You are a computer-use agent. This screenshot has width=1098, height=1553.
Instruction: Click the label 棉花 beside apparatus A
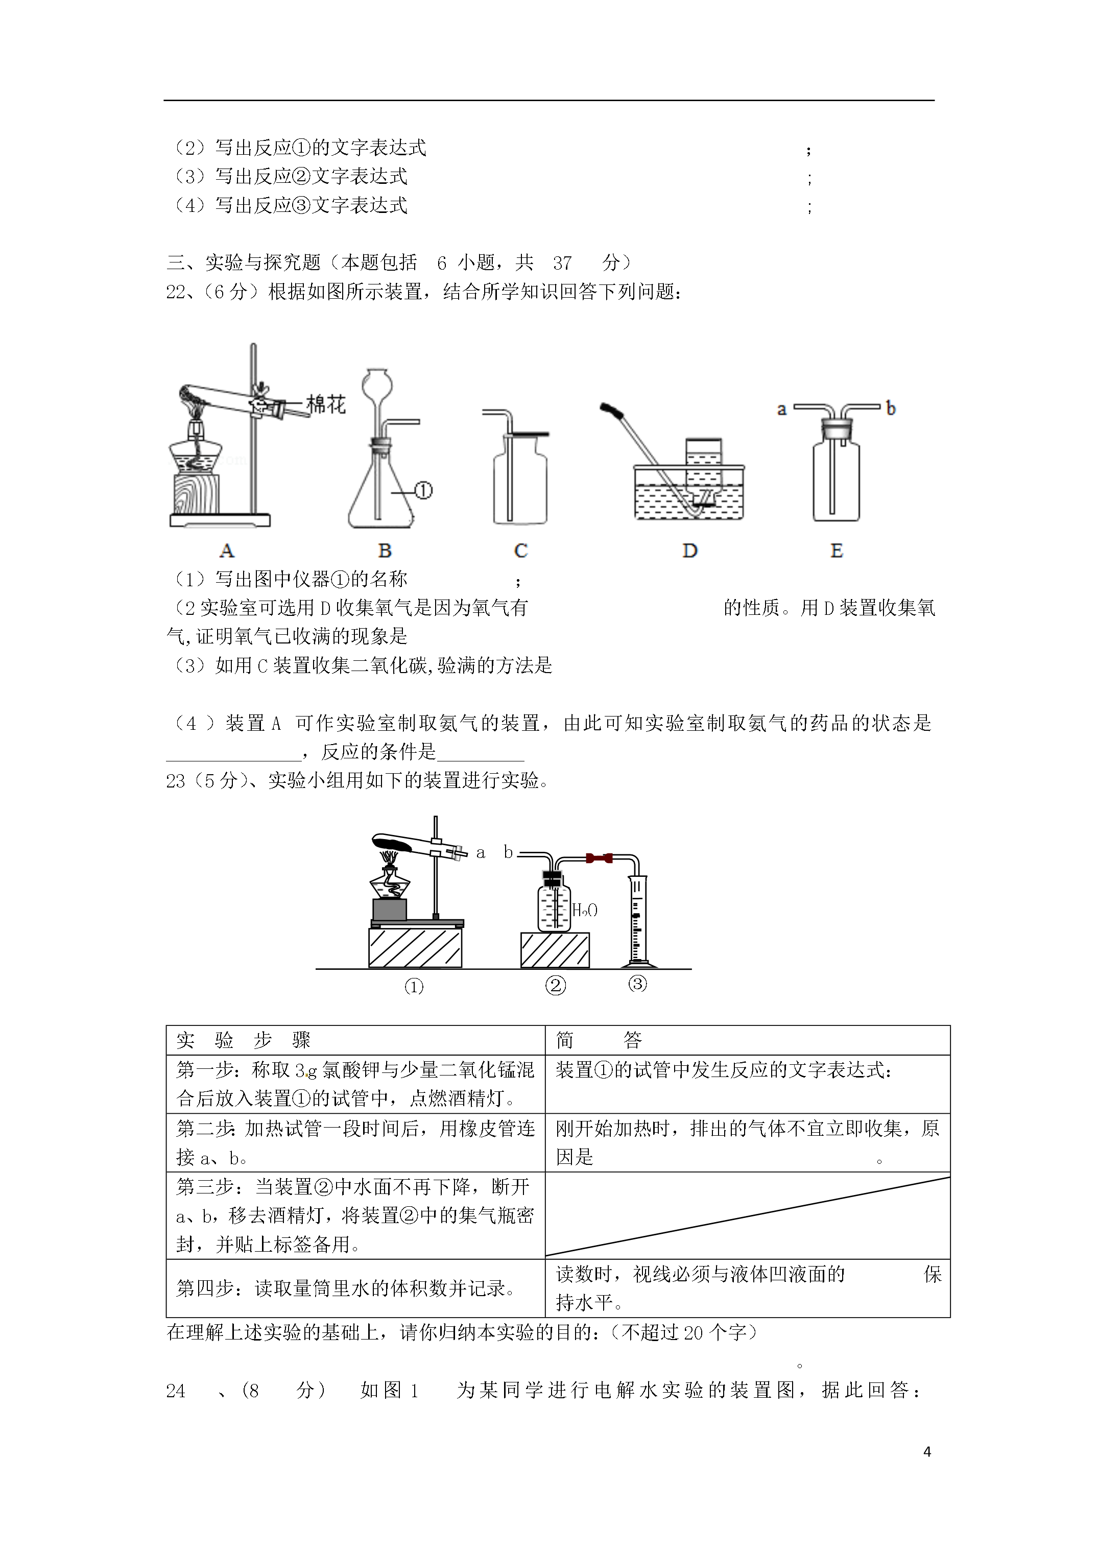point(326,404)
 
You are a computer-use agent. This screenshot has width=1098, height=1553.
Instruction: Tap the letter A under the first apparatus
point(227,551)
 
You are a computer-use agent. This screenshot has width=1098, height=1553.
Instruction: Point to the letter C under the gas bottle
point(520,551)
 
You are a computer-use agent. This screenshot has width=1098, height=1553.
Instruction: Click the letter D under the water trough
point(689,551)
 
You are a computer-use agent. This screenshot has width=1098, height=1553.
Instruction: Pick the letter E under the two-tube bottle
point(836,551)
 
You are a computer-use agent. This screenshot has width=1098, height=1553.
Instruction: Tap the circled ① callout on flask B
point(423,490)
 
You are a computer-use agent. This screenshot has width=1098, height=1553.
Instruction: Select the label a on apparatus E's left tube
point(782,409)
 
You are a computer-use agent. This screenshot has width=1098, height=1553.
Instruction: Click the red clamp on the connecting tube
point(600,858)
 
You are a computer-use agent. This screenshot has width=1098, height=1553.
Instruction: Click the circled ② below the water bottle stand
point(555,986)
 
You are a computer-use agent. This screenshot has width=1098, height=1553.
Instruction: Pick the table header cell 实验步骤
point(244,1040)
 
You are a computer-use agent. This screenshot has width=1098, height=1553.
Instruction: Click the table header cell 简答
point(598,1040)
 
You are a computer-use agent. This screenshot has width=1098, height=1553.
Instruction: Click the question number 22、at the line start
point(179,292)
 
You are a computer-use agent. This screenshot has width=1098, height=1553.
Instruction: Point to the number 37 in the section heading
point(562,262)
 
